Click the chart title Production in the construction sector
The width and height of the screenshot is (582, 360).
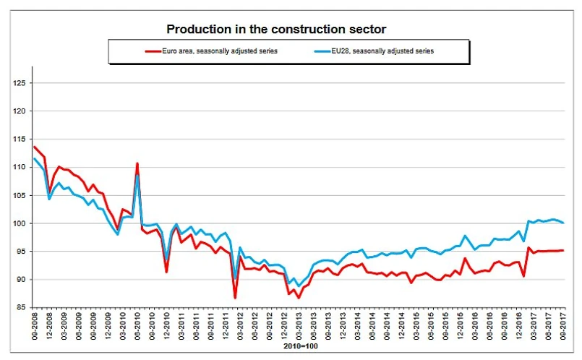(277, 30)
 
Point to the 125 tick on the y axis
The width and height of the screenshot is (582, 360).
(20, 83)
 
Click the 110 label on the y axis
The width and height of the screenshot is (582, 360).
(20, 167)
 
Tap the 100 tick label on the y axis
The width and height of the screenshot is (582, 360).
(20, 223)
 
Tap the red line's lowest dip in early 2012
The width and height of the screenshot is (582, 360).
(236, 297)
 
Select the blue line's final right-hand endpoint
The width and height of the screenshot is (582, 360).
(562, 223)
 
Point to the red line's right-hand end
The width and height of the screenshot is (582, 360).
(562, 250)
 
